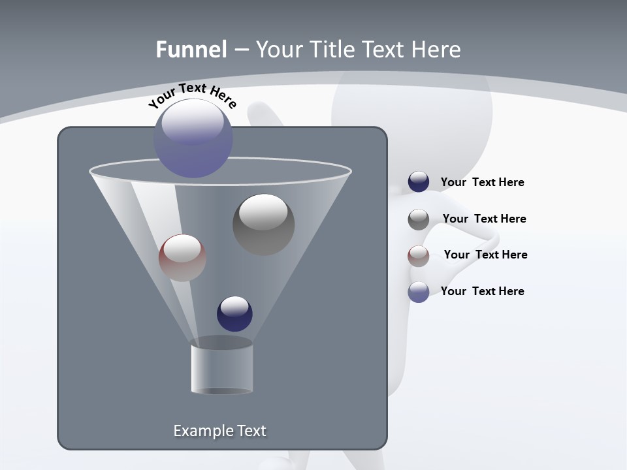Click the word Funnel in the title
[191, 50]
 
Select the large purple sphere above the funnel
[193, 138]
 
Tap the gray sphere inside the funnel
[263, 224]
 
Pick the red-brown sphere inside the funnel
[182, 258]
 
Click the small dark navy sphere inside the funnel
[234, 313]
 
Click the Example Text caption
[219, 431]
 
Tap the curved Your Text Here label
[192, 95]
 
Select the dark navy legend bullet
[419, 182]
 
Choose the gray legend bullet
[419, 219]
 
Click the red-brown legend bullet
[419, 256]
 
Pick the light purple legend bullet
[419, 292]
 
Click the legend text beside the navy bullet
[482, 183]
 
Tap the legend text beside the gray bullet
[484, 219]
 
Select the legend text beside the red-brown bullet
[485, 255]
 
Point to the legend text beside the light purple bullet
[482, 292]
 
